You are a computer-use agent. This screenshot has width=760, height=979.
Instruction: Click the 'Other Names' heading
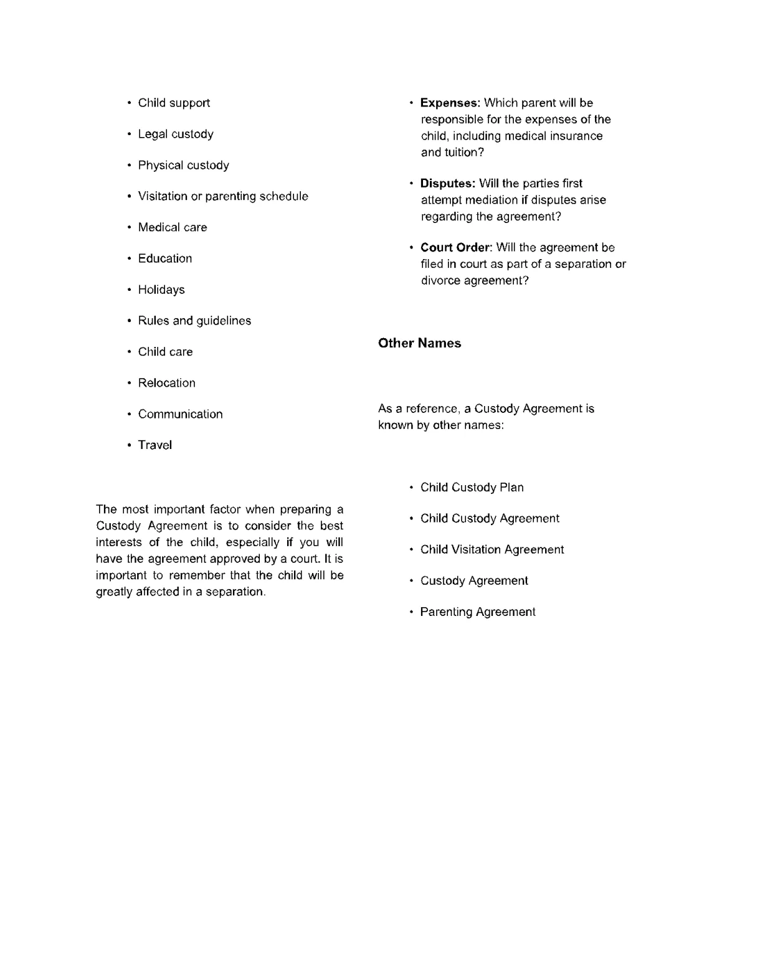(x=419, y=343)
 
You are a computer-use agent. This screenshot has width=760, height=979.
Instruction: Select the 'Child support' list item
(x=174, y=103)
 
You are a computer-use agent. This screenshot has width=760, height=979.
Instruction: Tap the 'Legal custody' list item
(x=176, y=134)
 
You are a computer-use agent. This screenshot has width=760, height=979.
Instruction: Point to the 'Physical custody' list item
(x=183, y=165)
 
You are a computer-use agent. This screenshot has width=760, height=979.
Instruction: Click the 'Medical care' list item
(x=173, y=227)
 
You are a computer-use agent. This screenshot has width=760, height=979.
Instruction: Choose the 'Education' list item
(x=165, y=258)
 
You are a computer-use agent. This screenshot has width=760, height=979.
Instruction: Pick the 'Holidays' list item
(x=161, y=290)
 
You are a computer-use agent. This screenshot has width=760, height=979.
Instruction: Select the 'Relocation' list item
(x=166, y=383)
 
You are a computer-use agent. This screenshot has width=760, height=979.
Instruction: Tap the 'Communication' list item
(x=180, y=414)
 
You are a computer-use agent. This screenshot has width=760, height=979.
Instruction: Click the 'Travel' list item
(x=155, y=445)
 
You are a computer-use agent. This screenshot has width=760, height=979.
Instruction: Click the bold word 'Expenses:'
(x=450, y=103)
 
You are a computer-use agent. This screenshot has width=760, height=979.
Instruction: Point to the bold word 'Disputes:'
(x=448, y=184)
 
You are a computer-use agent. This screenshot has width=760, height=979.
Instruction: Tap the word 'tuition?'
(x=463, y=153)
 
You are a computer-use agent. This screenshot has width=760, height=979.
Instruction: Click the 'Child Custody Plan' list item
(x=472, y=488)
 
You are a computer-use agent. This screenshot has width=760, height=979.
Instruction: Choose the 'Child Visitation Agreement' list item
(x=492, y=550)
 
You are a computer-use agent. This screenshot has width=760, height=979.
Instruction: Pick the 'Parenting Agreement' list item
(x=477, y=612)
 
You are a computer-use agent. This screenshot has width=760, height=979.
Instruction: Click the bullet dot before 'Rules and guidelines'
(x=129, y=321)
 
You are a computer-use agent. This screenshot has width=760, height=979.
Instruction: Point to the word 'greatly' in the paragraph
(x=114, y=592)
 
